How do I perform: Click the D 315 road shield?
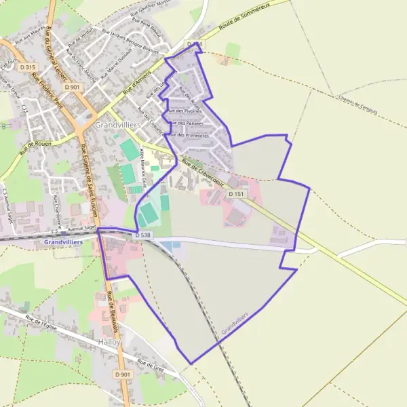pos(28,67)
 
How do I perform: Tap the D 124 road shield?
pos(195,45)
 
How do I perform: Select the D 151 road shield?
pos(236,194)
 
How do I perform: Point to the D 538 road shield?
pos(143,235)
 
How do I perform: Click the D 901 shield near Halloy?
pos(123,374)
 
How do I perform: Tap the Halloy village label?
pos(109,342)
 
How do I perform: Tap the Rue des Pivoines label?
pos(182,111)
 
